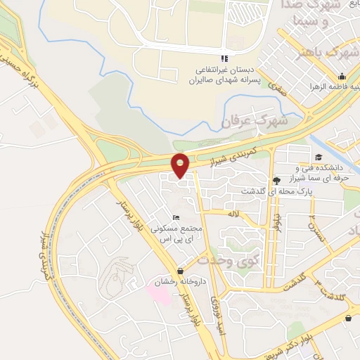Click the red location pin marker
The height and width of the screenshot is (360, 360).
181,165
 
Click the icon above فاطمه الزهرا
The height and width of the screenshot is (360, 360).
341,77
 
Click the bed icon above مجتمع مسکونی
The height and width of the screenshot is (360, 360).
176,217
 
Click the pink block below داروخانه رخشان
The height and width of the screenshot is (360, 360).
161,295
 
